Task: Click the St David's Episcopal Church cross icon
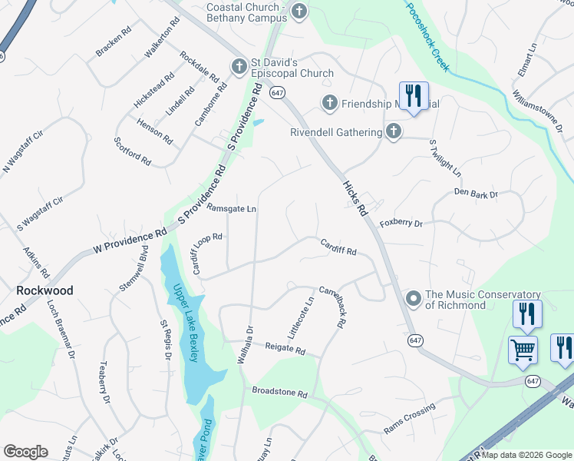coord(239,67)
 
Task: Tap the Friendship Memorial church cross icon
coord(330,102)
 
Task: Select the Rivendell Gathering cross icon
coord(394,131)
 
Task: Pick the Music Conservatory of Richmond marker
coord(414,298)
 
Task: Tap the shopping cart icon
coord(523,350)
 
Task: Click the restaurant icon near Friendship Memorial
coord(413,96)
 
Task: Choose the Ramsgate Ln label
coord(231,208)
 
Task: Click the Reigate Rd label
coord(285,350)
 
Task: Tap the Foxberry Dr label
coord(401,223)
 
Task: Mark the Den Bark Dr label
coord(476,193)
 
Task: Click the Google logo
coord(25,452)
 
